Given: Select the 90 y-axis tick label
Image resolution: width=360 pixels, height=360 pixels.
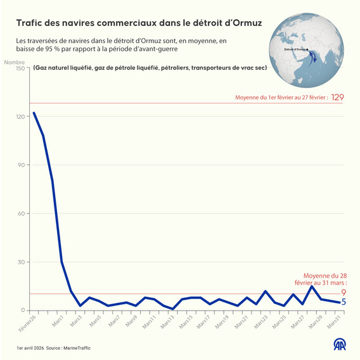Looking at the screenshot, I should click(x=20, y=165).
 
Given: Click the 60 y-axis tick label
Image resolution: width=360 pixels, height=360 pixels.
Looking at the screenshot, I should click(x=20, y=214).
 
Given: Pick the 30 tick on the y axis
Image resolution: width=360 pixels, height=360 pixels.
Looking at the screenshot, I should click(x=20, y=262).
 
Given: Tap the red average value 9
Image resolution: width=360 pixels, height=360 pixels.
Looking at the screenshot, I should click(x=343, y=292).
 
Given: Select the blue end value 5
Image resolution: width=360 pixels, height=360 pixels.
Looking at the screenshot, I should click(x=343, y=302).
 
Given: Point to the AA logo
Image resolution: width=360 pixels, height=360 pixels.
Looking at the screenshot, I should click(x=340, y=344).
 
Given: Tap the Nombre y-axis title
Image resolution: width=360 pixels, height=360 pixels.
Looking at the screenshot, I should click(x=14, y=61).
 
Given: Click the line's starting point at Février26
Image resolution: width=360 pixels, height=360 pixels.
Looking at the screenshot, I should click(x=34, y=113).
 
